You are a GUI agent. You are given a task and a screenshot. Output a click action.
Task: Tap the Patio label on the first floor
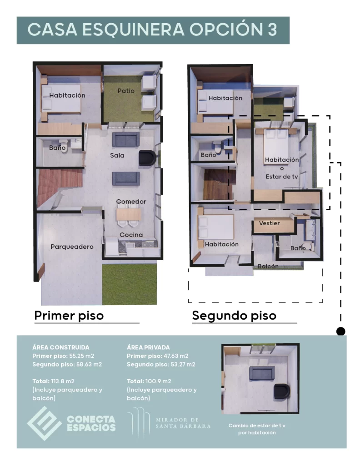point(126,91)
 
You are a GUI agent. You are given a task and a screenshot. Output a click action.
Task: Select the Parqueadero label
point(72,247)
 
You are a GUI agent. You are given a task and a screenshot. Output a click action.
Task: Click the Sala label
point(117,155)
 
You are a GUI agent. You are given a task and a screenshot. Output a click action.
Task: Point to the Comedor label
point(131,201)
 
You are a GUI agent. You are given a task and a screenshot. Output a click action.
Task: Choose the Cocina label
point(131,235)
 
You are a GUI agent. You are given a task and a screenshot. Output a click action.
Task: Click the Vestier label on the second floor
point(269,223)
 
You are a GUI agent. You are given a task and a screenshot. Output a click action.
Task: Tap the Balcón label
point(268,267)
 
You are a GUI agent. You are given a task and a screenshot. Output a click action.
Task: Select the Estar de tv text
point(282,177)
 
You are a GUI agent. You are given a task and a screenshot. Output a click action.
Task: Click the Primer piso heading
point(69,315)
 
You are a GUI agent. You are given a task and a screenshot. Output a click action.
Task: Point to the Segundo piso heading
point(234,315)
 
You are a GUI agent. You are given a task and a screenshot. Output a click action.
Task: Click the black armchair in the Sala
point(146,158)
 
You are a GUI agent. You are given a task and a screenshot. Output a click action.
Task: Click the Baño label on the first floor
point(57,148)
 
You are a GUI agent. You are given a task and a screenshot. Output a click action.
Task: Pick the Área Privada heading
point(149,347)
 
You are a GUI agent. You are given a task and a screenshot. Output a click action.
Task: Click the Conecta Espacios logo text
point(91,423)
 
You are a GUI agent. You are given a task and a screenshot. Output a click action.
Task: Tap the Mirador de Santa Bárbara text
point(183,423)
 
